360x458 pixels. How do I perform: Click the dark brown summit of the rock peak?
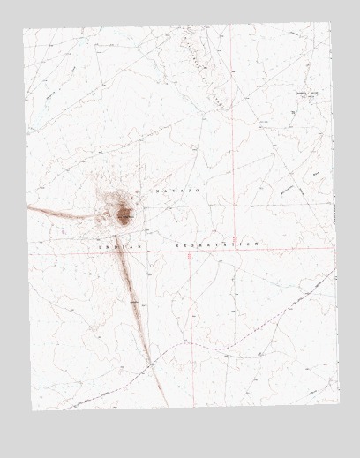123,214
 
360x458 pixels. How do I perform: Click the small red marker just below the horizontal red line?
190,256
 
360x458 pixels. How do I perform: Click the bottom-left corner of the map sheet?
33,409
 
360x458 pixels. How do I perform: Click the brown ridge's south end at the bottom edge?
165,405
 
